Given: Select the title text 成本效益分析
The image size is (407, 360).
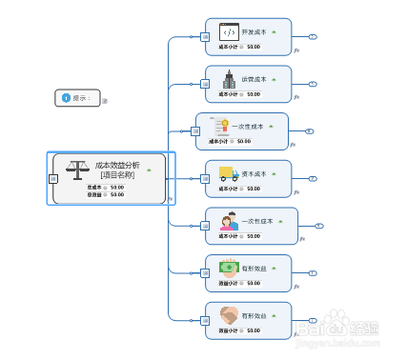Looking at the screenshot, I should pyautogui.click(x=117, y=165).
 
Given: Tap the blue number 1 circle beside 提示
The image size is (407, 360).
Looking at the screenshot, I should pyautogui.click(x=66, y=97).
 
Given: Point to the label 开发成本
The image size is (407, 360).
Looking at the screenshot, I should pyautogui.click(x=254, y=30).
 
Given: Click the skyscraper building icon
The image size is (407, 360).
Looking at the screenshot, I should pyautogui.click(x=229, y=79).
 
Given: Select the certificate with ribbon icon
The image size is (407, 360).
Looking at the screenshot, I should pyautogui.click(x=220, y=126).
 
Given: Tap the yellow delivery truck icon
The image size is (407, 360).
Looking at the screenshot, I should pyautogui.click(x=229, y=173).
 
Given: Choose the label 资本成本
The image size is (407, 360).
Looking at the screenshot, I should pyautogui.click(x=254, y=173).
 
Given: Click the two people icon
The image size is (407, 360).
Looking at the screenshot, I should pyautogui.click(x=229, y=221).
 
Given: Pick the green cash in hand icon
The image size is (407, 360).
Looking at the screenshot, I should pyautogui.click(x=229, y=268).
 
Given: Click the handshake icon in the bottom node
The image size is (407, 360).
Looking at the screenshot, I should pyautogui.click(x=229, y=314).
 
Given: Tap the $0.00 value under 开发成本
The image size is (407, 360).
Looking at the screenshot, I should pyautogui.click(x=253, y=46).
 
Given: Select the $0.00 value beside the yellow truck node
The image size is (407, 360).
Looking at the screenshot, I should pyautogui.click(x=253, y=189).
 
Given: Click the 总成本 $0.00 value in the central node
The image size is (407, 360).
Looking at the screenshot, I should pyautogui.click(x=117, y=187).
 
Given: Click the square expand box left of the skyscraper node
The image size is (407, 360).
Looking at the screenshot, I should pyautogui.click(x=205, y=84).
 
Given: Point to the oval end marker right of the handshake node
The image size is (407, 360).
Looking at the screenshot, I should pyautogui.click(x=313, y=320).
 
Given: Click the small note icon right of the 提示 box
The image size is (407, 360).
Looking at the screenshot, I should pyautogui.click(x=105, y=100).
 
